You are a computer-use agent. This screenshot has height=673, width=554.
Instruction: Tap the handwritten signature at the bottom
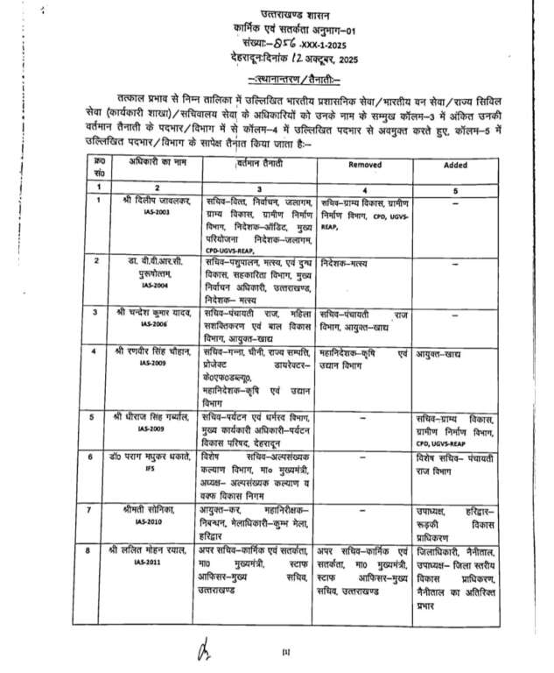pyautogui.click(x=203, y=648)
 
